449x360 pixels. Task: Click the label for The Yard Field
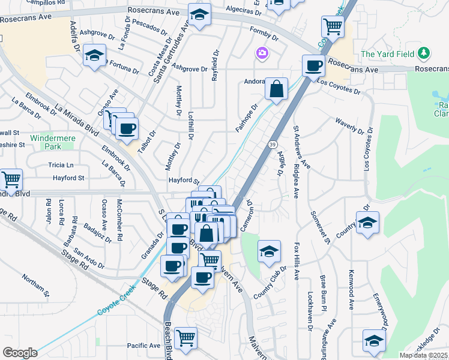[x=388, y=54]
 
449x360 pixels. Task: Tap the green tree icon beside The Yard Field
[x=424, y=53]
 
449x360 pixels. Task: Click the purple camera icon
[x=262, y=53]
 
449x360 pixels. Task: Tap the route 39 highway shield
[x=273, y=145]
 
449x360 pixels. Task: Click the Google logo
[x=20, y=352]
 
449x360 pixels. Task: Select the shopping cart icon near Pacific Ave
[x=185, y=337]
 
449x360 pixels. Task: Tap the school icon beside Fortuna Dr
[x=94, y=56]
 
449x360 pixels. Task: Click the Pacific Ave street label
[x=143, y=346]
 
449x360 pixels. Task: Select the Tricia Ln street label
[x=61, y=165]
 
